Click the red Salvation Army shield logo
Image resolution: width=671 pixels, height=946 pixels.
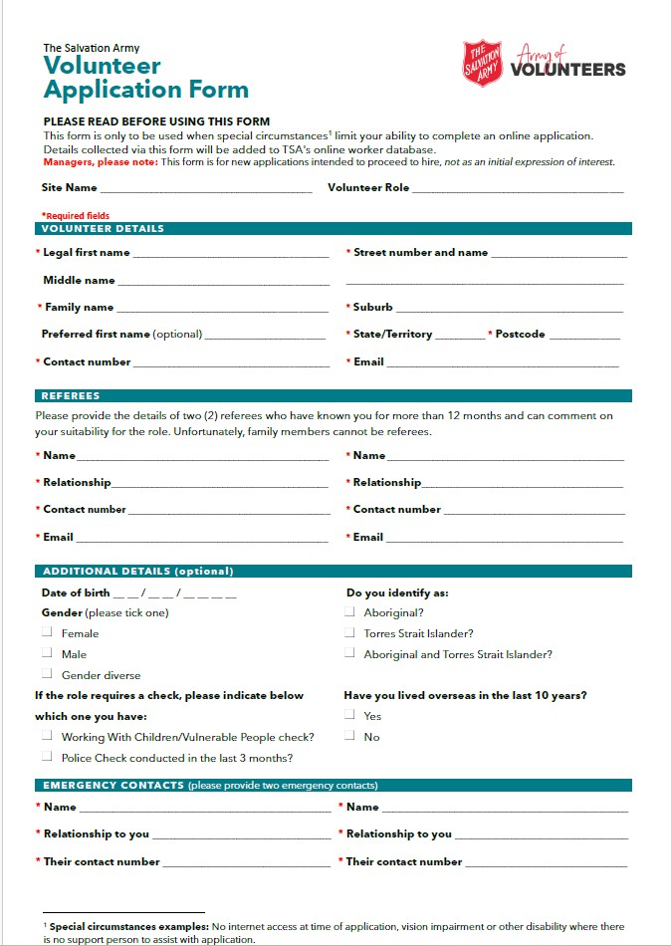[x=482, y=63]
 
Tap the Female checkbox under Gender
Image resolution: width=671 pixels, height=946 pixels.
[x=47, y=633]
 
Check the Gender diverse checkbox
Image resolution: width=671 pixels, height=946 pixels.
[x=47, y=675]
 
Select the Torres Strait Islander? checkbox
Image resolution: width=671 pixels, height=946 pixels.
[x=349, y=633]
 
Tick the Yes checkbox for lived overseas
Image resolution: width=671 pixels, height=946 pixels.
[x=349, y=716]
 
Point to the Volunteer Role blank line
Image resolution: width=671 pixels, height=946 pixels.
[x=517, y=188]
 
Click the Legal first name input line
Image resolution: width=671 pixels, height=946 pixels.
[x=230, y=254]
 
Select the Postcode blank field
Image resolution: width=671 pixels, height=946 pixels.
[x=583, y=336]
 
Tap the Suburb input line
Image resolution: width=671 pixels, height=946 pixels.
[x=510, y=309]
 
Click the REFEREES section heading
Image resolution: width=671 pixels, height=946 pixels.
[x=71, y=396]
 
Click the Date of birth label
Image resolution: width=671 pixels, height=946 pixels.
[x=76, y=593]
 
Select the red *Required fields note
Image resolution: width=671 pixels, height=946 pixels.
[x=75, y=215]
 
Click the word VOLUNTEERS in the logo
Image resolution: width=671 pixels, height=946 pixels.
[x=567, y=70]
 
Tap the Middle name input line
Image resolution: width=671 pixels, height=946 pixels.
[x=223, y=282]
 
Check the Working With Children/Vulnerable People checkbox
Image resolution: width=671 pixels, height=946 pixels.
[x=47, y=737]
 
